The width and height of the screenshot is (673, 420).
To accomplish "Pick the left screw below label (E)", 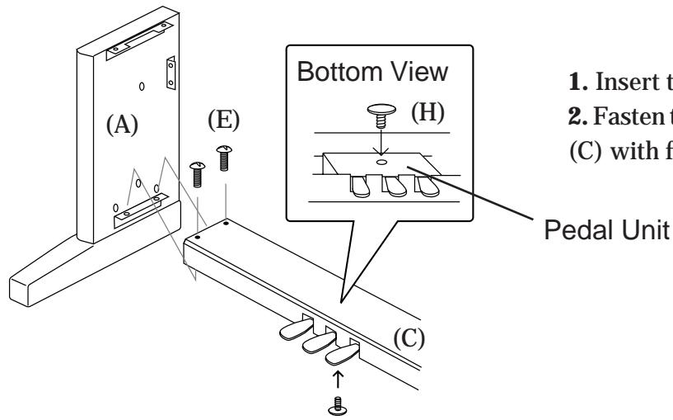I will point(198,176).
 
